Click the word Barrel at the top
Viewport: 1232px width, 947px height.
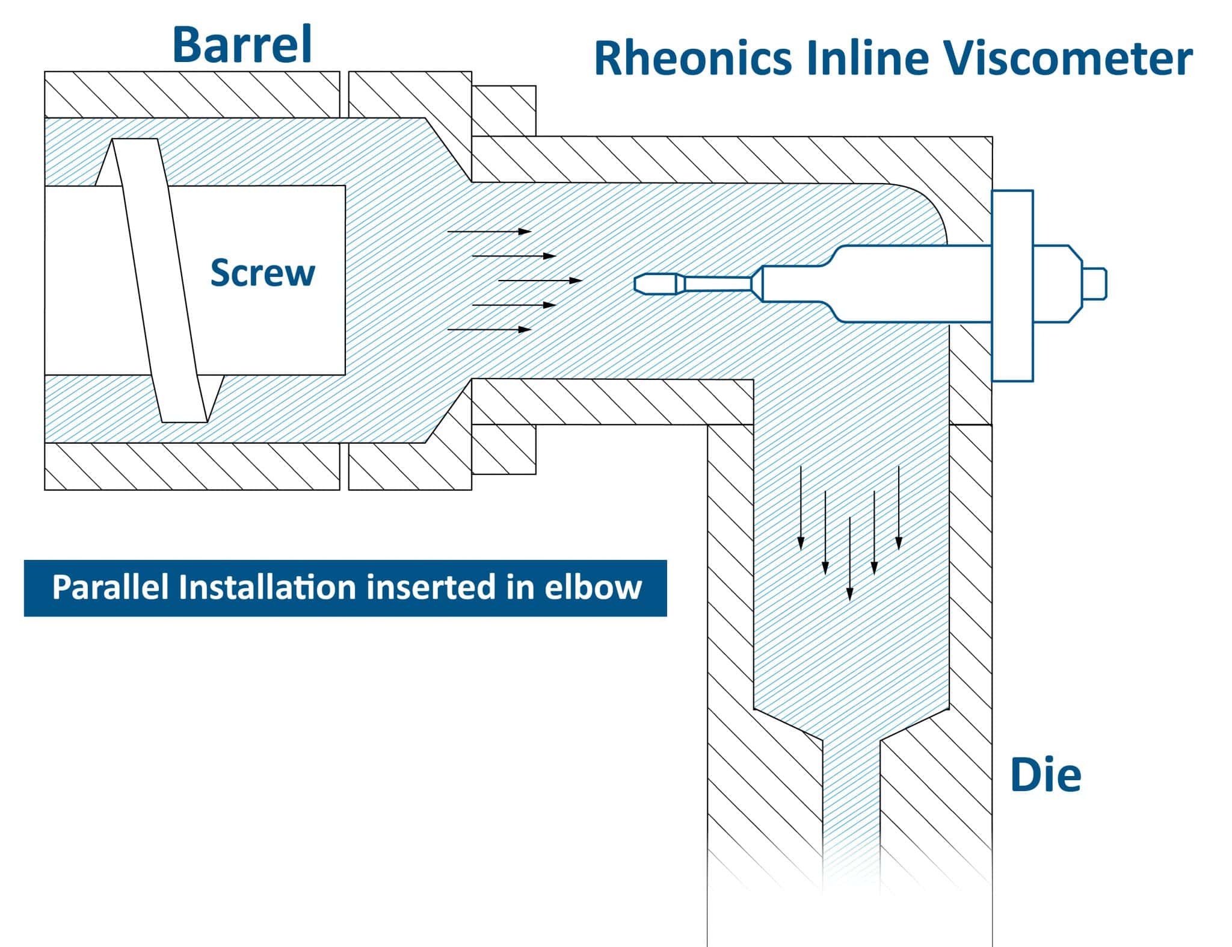[242, 45]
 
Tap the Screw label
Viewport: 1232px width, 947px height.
[262, 273]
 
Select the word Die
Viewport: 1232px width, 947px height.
[1046, 775]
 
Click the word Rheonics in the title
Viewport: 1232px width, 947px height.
[692, 59]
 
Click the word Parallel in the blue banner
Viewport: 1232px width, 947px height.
[110, 588]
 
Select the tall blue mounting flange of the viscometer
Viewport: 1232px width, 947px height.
[1012, 285]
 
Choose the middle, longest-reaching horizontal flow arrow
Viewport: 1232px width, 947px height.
[540, 281]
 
